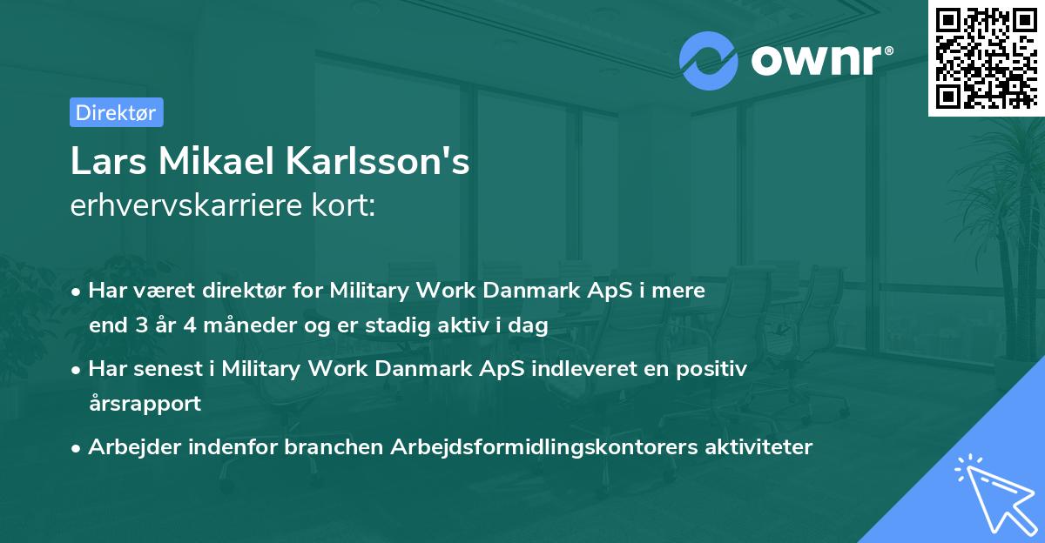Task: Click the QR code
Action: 987,57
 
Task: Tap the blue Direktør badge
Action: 116,112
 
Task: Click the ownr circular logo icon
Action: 709,61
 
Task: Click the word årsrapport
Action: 145,404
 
